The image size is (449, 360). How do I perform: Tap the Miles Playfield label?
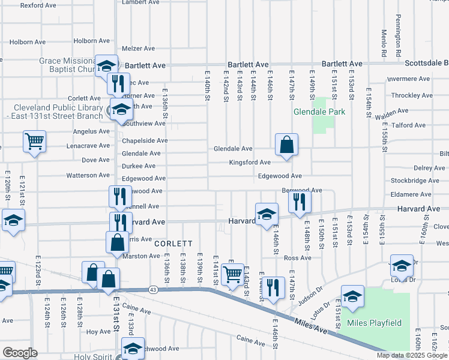(374, 323)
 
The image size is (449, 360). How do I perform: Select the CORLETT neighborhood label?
(173, 244)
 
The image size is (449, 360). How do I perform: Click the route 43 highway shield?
(154, 290)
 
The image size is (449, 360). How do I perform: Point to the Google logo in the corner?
(19, 353)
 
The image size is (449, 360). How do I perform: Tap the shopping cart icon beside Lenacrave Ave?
(35, 142)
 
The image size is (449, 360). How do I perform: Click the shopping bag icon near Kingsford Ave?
(287, 145)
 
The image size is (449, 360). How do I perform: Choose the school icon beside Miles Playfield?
(352, 296)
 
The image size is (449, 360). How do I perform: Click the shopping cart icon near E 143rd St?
(232, 275)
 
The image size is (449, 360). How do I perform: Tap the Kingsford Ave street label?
(250, 163)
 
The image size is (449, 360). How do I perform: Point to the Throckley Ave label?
(408, 95)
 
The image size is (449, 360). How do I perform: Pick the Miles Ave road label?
(312, 326)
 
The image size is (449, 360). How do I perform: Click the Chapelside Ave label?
(145, 140)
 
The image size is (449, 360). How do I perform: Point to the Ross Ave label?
(298, 258)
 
